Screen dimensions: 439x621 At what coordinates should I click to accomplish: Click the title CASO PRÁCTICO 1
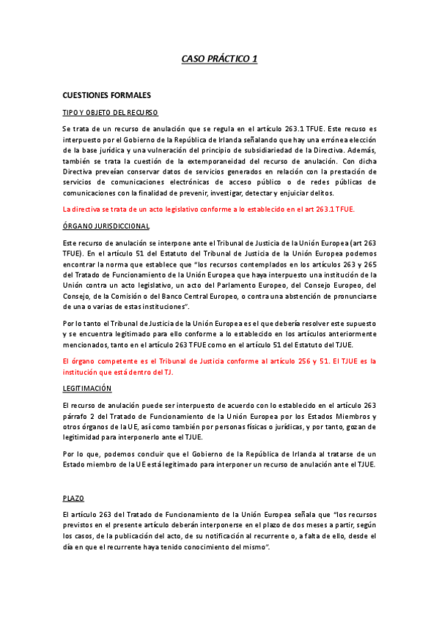219,59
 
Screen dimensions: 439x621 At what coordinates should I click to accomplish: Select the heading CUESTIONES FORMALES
107,95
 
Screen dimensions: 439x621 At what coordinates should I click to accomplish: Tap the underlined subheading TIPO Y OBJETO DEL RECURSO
111,112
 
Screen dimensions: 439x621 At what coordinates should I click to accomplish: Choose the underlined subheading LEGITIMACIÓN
87,387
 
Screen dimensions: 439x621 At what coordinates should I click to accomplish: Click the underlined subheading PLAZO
74,498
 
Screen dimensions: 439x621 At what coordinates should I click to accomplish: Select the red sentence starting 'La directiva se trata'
209,209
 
